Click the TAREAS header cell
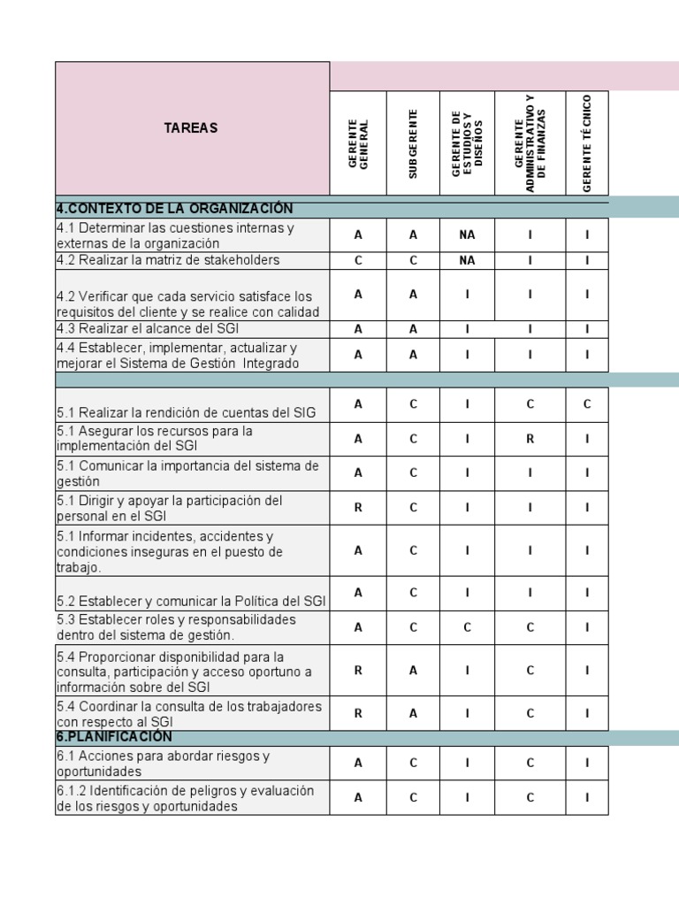pyautogui.click(x=191, y=128)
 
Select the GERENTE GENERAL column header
pyautogui.click(x=358, y=144)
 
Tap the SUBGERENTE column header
pyautogui.click(x=413, y=144)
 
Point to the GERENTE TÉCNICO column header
pyautogui.click(x=587, y=142)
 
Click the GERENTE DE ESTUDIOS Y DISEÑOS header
pyautogui.click(x=467, y=143)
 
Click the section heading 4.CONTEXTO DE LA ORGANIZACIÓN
pyautogui.click(x=174, y=209)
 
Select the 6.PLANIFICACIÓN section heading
pyautogui.click(x=115, y=737)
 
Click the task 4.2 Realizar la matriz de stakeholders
pyautogui.click(x=168, y=260)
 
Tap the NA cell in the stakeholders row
pyautogui.click(x=467, y=260)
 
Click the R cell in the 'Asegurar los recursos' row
pyautogui.click(x=530, y=438)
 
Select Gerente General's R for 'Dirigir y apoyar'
pyautogui.click(x=358, y=508)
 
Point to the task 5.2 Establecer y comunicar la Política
pyautogui.click(x=191, y=601)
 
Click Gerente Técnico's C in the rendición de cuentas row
pyautogui.click(x=587, y=404)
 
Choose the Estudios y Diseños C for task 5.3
pyautogui.click(x=467, y=627)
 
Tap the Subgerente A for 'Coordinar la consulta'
pyautogui.click(x=413, y=713)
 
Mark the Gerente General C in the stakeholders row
pyautogui.click(x=358, y=260)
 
